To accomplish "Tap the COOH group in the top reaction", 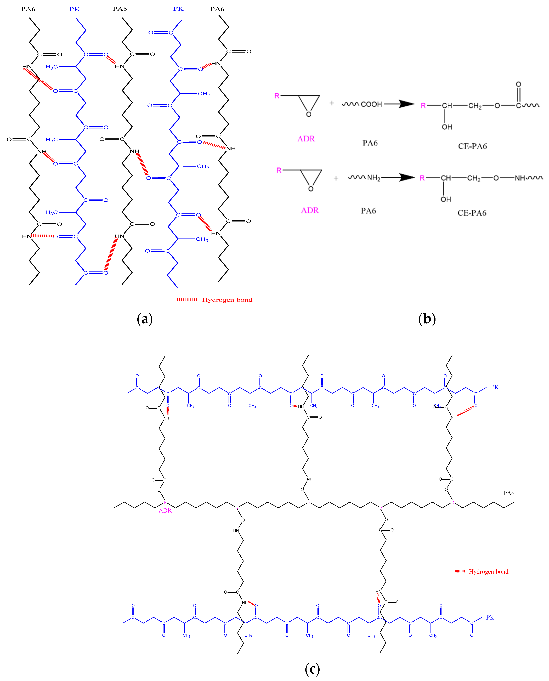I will pyautogui.click(x=371, y=104).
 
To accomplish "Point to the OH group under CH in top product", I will pyautogui.click(x=447, y=127).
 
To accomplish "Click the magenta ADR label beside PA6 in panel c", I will pyautogui.click(x=165, y=511).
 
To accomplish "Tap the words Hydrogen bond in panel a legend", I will pyautogui.click(x=227, y=300).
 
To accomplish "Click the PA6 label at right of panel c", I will pyautogui.click(x=508, y=493).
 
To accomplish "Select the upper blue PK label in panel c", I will pyautogui.click(x=495, y=387).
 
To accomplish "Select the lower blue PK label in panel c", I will pyautogui.click(x=490, y=617).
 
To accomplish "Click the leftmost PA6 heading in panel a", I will pyautogui.click(x=28, y=9).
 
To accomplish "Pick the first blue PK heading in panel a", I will pyautogui.click(x=75, y=9).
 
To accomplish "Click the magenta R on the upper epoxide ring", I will pyautogui.click(x=277, y=96).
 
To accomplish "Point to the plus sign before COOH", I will pyautogui.click(x=332, y=103).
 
